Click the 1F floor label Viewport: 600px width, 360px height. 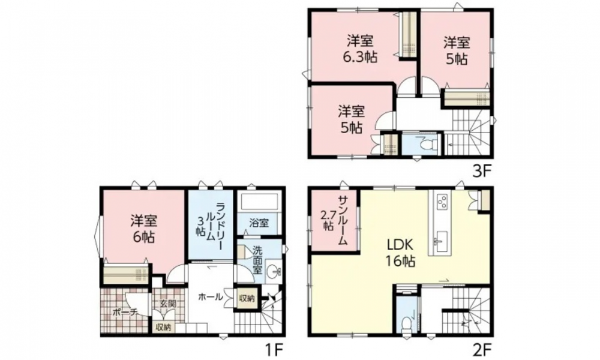pos(274,349)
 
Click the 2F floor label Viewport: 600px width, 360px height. pos(481,349)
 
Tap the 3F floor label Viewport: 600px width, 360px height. pos(481,171)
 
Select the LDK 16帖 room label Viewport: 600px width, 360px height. pos(400,252)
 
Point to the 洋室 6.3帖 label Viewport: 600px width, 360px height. pos(360,49)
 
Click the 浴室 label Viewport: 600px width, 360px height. pos(259,223)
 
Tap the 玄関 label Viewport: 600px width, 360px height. pos(167,304)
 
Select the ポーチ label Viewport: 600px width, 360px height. pos(125,312)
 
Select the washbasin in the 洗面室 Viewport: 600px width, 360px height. pos(272,272)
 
